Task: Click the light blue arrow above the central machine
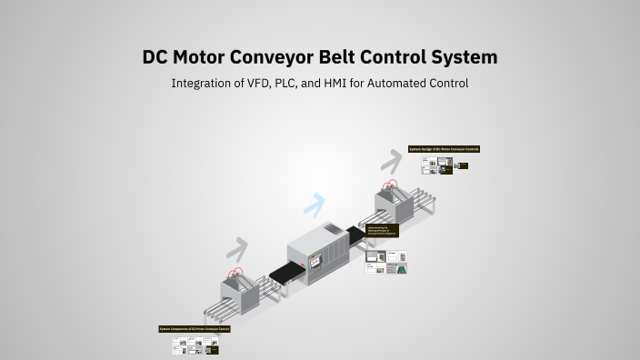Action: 315,205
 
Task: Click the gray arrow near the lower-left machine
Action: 237,248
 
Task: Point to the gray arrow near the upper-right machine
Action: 391,161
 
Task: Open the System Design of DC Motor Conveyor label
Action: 444,148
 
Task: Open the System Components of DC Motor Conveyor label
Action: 195,328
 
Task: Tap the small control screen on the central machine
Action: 315,262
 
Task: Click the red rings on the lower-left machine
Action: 236,273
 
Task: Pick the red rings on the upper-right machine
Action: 392,185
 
